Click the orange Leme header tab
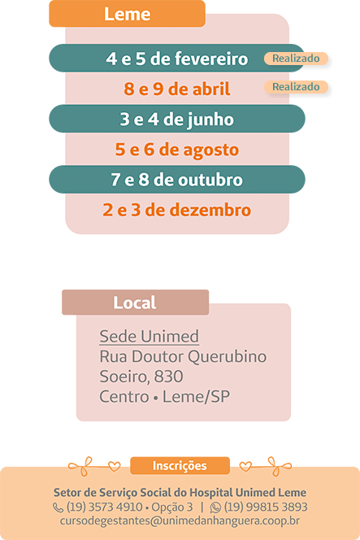click(x=127, y=14)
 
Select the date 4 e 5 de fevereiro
click(x=177, y=59)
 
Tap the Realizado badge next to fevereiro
click(x=296, y=59)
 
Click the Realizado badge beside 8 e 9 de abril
click(x=296, y=87)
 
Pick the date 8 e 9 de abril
click(x=177, y=89)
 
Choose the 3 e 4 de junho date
click(x=177, y=119)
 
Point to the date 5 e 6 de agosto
click(x=177, y=150)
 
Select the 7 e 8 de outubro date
click(x=177, y=180)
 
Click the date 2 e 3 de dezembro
click(x=177, y=210)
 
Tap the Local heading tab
click(x=135, y=303)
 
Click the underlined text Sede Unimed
click(x=149, y=336)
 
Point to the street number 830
click(x=169, y=377)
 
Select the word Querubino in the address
click(x=228, y=357)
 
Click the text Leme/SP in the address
click(x=196, y=396)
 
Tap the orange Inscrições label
click(x=180, y=466)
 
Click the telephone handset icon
click(x=58, y=507)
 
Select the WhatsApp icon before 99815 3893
click(x=215, y=507)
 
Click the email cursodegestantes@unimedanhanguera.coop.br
click(x=180, y=520)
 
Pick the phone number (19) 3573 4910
click(x=104, y=507)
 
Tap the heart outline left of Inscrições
click(x=115, y=466)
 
